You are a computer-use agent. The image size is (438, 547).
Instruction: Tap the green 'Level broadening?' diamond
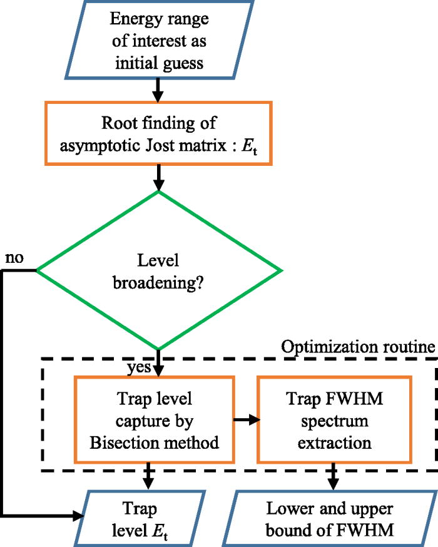tap(159, 270)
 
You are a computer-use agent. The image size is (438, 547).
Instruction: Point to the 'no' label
tap(16, 258)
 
